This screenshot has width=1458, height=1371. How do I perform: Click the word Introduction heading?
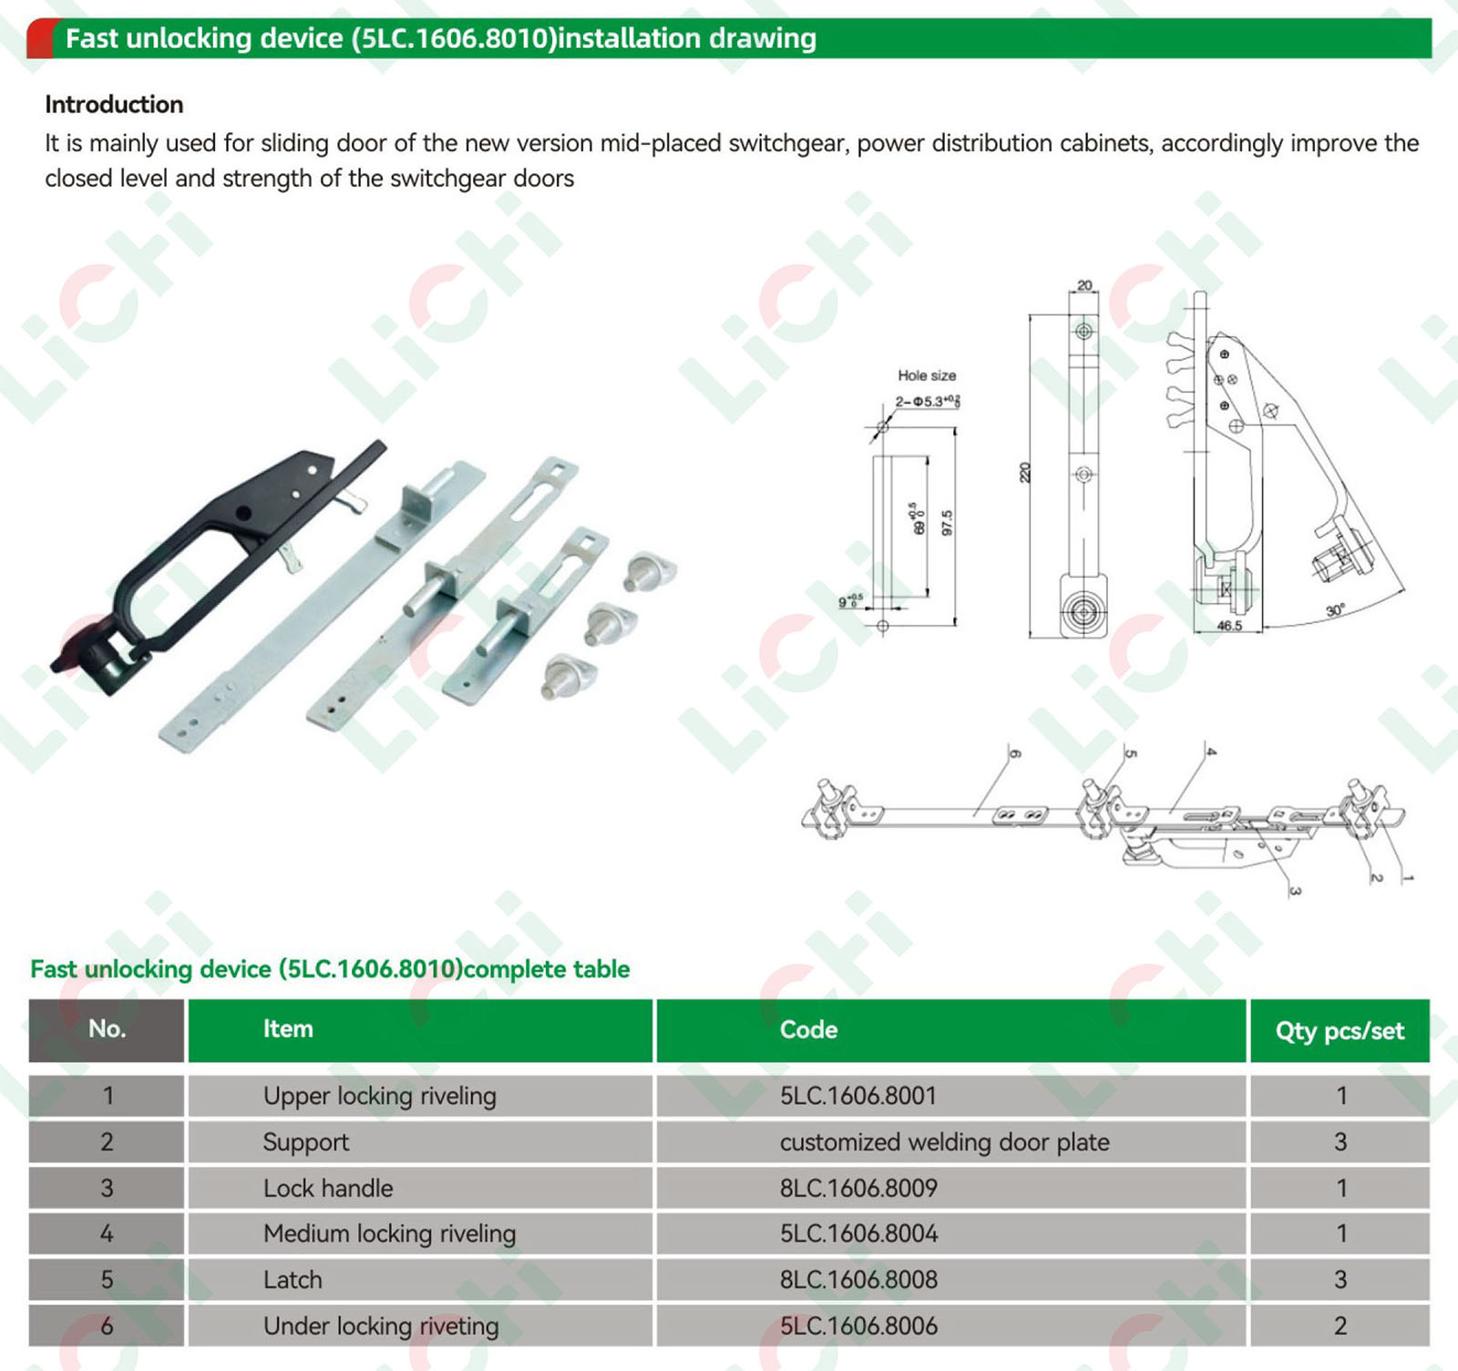(114, 105)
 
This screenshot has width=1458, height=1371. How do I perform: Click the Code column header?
(808, 1029)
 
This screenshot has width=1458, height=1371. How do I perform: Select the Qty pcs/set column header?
(1340, 1031)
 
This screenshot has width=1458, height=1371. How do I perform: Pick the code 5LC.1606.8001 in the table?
(858, 1096)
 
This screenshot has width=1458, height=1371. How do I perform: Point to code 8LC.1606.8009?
(858, 1188)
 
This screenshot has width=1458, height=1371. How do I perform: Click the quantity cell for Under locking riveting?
(1340, 1326)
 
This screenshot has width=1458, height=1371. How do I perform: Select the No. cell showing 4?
(107, 1233)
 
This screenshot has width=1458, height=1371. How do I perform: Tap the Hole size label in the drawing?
(927, 375)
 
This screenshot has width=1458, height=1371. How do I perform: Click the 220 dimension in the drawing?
(1025, 473)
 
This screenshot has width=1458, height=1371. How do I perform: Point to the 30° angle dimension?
(1335, 610)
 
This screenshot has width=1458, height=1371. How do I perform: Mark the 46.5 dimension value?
(1229, 626)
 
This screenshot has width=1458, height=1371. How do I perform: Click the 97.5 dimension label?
(948, 523)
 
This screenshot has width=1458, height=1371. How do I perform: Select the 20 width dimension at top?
(1084, 285)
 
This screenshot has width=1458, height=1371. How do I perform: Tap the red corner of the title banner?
(39, 39)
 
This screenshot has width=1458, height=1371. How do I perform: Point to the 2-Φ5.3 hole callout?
(927, 402)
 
